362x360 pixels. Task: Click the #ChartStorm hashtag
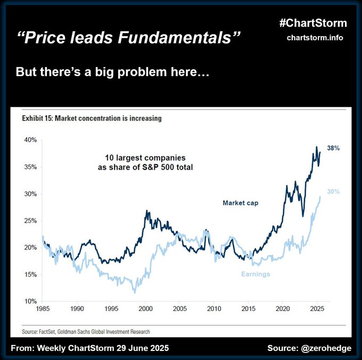tap(312, 23)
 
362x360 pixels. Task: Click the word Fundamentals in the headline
tap(184, 38)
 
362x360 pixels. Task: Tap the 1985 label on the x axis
tap(42, 308)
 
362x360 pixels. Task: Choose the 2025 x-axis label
tap(317, 308)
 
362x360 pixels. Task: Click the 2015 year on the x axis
tap(248, 308)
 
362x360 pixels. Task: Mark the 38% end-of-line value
tap(333, 148)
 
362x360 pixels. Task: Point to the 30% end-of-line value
tap(333, 191)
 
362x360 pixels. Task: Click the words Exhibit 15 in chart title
tap(37, 118)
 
